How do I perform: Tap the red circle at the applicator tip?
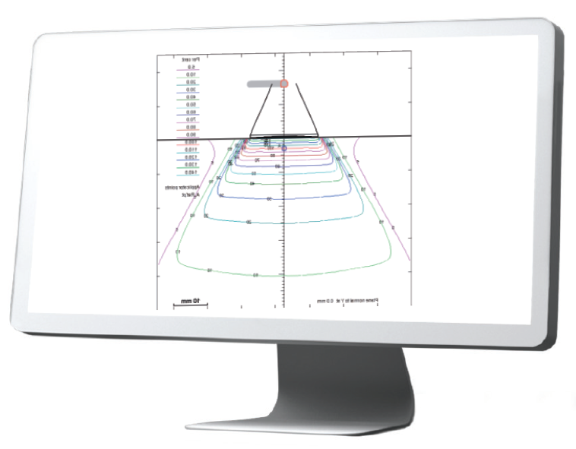pyautogui.click(x=284, y=84)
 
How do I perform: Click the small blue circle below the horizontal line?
pyautogui.click(x=284, y=148)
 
